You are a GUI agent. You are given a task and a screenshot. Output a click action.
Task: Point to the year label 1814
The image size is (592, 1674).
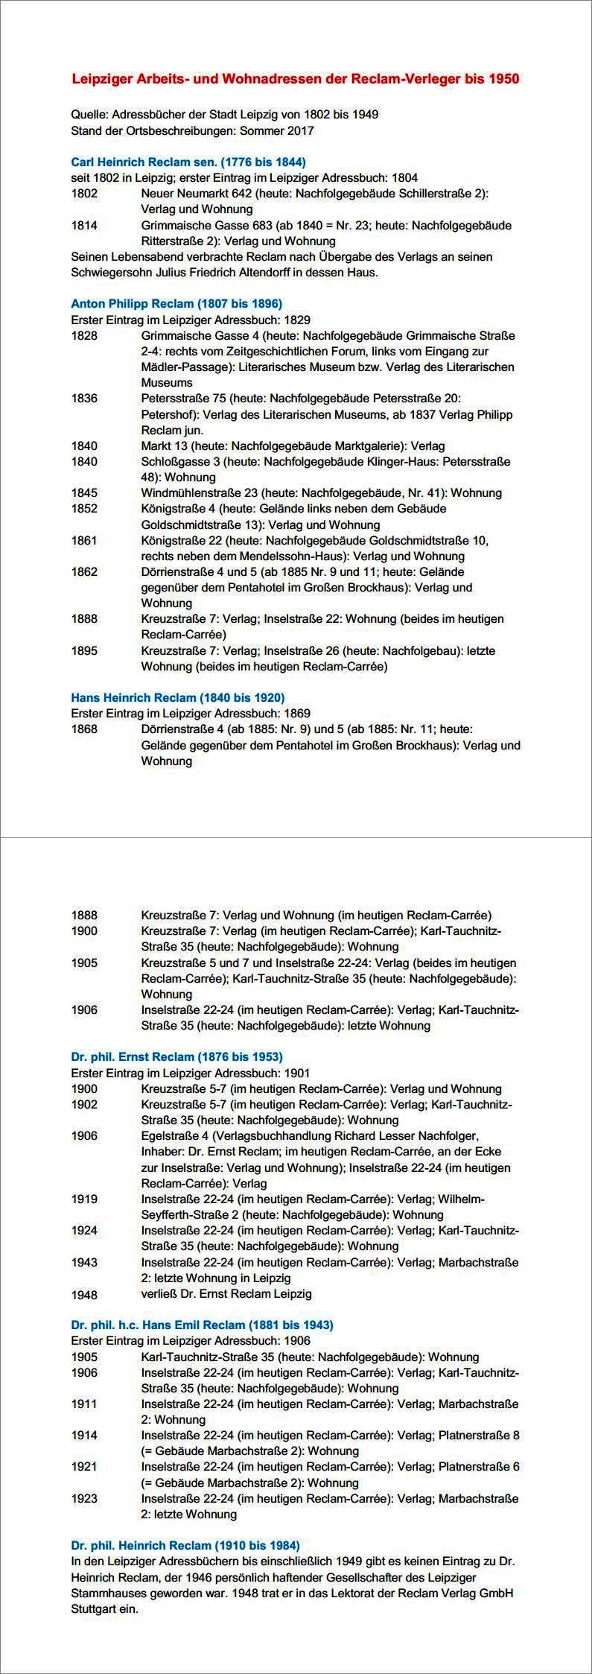pos(84,225)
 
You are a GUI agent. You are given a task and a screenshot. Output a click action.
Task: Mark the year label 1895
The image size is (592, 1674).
pos(84,650)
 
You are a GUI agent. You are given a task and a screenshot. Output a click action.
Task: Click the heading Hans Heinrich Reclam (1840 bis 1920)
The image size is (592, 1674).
pos(177,698)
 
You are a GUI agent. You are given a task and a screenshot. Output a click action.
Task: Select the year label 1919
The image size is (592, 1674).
pos(84,1199)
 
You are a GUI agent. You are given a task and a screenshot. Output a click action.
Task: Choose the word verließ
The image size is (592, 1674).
pos(159,1294)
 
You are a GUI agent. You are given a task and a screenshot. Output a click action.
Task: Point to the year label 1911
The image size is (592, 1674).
pos(84,1404)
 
